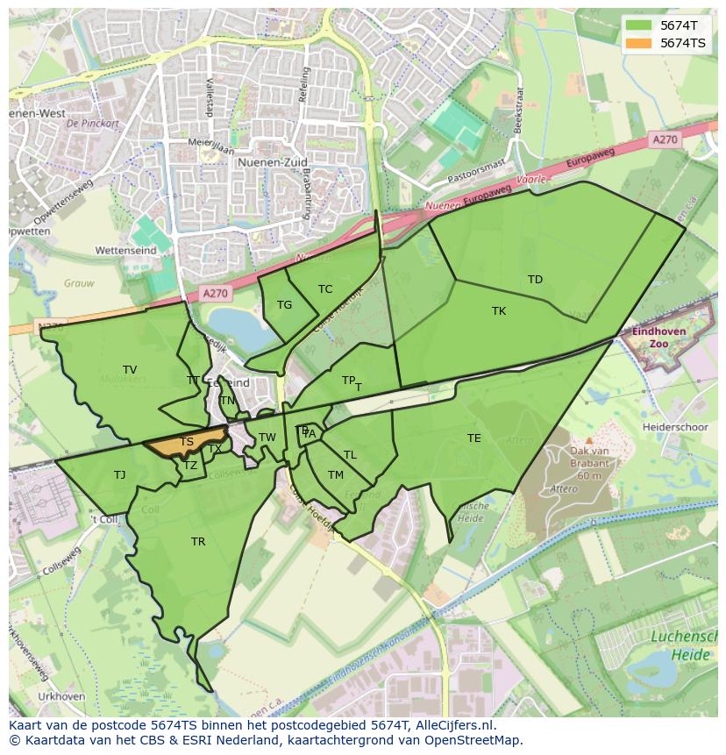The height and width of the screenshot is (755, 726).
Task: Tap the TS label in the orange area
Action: [x=187, y=442]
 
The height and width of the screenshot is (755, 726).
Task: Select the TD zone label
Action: [x=535, y=280]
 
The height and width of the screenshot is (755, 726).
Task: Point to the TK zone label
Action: [x=499, y=311]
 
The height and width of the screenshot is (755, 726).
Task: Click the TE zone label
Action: [x=474, y=438]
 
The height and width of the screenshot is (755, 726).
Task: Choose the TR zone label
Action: [x=198, y=542]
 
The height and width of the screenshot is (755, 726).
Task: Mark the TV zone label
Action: [x=130, y=370]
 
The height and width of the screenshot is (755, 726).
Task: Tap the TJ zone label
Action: [x=119, y=475]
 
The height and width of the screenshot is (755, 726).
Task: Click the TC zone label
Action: [x=325, y=289]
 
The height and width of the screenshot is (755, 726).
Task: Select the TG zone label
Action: [x=284, y=305]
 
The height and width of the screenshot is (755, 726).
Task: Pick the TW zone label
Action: [x=267, y=438]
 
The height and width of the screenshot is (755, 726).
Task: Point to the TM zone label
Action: [x=336, y=475]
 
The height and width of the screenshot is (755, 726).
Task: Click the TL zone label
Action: [x=350, y=455]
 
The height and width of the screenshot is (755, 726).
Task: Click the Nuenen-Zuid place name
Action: [x=268, y=162]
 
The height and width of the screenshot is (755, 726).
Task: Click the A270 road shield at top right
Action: [x=665, y=139]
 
